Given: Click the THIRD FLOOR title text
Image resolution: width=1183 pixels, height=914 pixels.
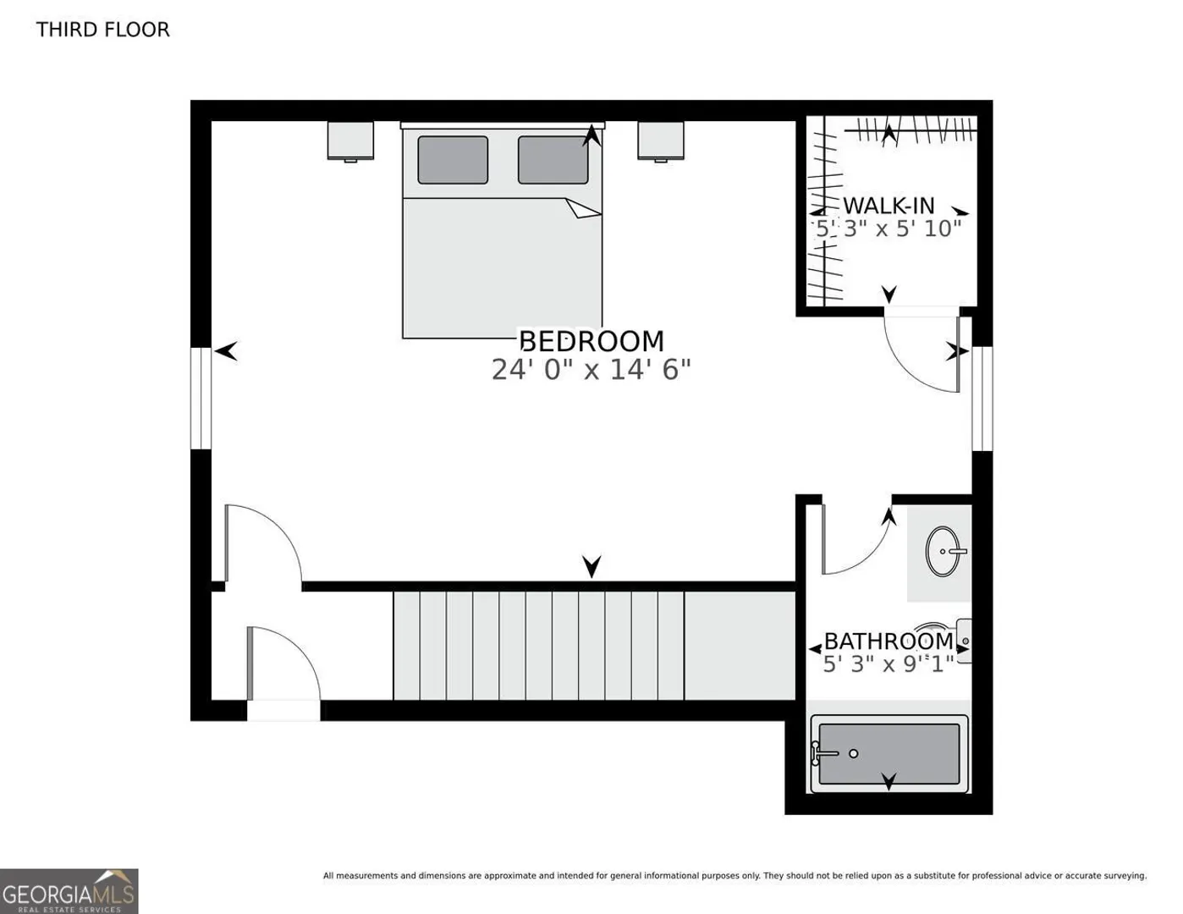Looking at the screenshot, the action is pos(103,30).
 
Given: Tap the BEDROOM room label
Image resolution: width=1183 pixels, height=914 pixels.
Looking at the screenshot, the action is pos(591,341).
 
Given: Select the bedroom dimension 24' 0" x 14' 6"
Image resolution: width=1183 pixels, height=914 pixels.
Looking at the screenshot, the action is pos(591,370).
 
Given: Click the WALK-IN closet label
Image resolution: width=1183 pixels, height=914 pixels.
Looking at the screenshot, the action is pos(889,206).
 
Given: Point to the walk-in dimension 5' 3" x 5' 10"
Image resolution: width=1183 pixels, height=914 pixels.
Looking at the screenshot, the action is pos(889,228).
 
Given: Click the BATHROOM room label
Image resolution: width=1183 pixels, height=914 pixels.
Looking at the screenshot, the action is pos(889,641).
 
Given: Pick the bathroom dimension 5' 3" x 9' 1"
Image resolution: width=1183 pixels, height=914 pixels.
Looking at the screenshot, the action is pos(889,664).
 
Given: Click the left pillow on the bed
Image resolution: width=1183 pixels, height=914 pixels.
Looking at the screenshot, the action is pos(453,160).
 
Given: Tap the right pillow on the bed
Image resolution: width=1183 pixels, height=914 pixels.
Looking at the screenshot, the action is pos(553,160).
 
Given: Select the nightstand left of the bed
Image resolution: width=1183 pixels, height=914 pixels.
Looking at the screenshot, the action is pos(350,140).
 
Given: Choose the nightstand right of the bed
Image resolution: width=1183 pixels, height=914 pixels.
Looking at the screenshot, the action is pos(661,140).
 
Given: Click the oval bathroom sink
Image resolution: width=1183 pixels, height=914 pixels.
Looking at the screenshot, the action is pos(943,552).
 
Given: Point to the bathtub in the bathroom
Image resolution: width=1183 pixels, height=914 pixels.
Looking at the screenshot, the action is pos(889,754).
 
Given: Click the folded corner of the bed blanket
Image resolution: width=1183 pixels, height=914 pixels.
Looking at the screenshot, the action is pos(582,208).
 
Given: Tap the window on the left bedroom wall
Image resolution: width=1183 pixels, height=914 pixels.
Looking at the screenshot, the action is pos(201,399).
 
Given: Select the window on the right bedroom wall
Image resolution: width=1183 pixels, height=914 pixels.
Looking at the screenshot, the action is pos(982,399).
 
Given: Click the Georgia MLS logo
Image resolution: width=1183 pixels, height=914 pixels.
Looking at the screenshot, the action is pos(69,891).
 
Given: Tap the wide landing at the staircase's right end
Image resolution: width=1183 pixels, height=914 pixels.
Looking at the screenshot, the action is pos(740,647).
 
